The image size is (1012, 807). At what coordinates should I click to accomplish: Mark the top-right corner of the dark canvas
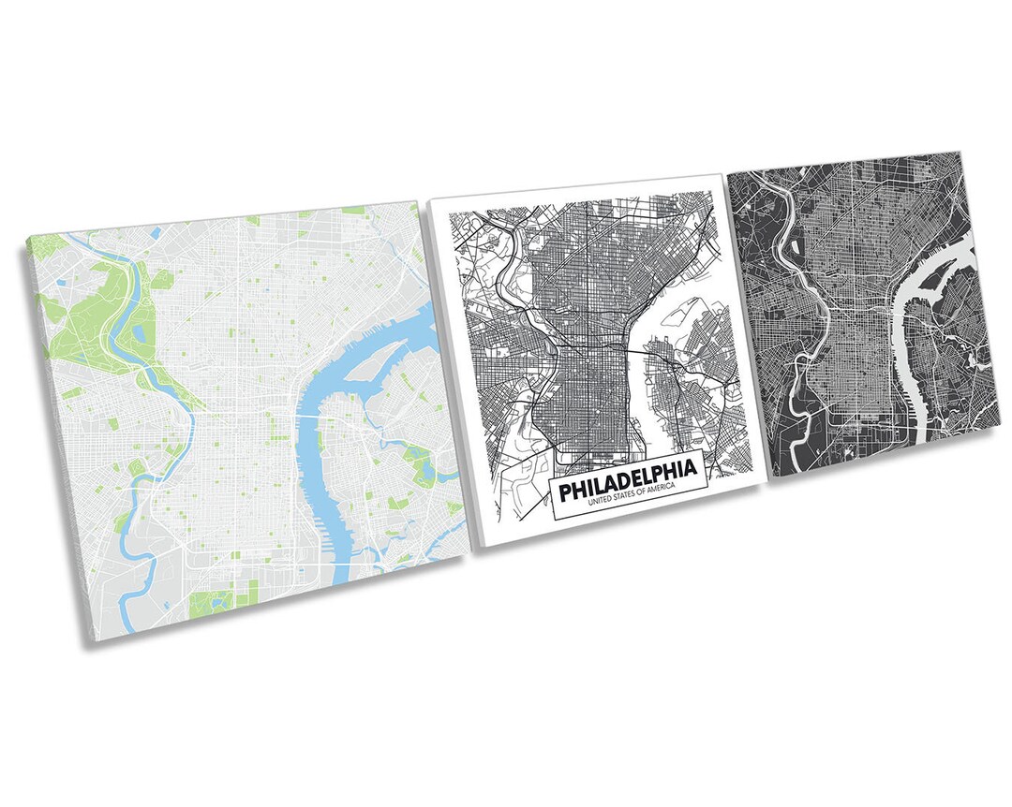point(961,153)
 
